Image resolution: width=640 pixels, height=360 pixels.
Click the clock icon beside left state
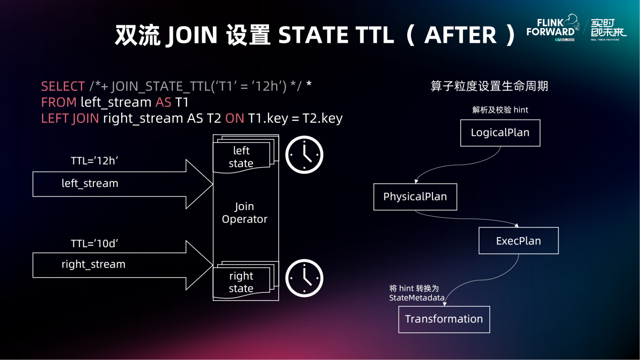click(304, 137)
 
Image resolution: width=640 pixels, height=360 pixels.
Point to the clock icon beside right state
click(304, 260)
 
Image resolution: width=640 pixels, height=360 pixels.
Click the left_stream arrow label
click(90, 183)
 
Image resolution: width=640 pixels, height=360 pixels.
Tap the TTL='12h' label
click(94, 161)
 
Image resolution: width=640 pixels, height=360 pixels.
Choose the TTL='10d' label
click(94, 244)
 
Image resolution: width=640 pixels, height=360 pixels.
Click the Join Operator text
click(245, 213)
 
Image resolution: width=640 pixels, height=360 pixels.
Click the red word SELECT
click(63, 86)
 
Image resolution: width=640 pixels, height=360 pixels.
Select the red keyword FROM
click(59, 102)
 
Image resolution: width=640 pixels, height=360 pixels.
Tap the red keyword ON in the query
click(235, 118)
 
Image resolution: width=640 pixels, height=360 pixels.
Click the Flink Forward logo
click(553, 28)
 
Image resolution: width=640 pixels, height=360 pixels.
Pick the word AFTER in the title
click(460, 35)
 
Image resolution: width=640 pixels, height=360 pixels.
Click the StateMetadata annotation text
click(417, 298)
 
